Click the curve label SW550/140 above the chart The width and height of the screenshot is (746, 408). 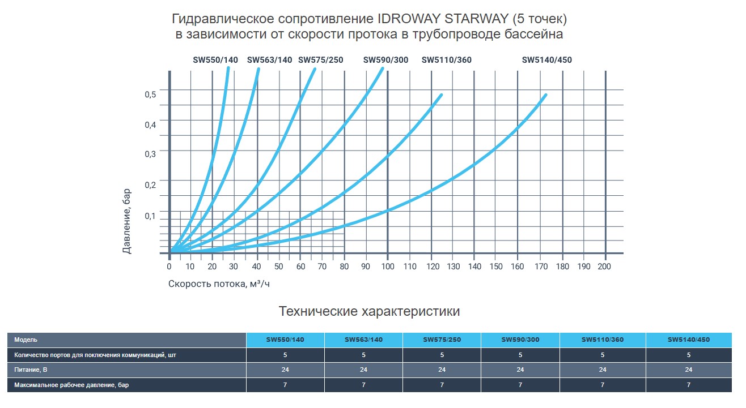coord(215,60)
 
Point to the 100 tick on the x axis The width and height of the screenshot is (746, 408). coord(388,267)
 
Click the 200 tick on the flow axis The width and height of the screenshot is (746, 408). coord(605,267)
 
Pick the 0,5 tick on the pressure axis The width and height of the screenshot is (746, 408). coord(150,94)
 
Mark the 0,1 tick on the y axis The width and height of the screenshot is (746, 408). coord(150,216)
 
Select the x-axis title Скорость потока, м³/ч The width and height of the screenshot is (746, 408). coord(219,284)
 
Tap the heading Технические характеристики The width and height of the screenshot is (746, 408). coord(370,311)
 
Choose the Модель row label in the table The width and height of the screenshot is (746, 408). coord(26,340)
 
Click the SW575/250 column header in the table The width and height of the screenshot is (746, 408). coord(442,340)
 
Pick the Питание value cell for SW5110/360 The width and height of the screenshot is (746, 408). coord(602,370)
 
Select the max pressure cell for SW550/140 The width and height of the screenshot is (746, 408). coord(285,385)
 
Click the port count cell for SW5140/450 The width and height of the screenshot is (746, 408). coord(688,355)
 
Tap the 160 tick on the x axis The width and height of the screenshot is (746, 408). coord(518,267)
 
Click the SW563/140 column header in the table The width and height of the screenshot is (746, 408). coord(363,340)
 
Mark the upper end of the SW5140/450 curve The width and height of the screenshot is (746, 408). coord(545,95)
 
